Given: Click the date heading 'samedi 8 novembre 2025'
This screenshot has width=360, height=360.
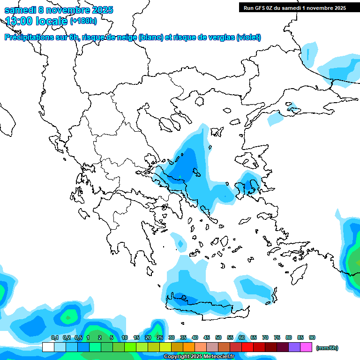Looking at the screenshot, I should pos(59,10).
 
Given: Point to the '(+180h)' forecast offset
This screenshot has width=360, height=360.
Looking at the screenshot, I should pos(83,21).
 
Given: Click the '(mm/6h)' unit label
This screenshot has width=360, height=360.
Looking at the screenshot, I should pos(327,348).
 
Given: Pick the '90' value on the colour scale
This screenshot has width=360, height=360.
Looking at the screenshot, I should pos(312,338).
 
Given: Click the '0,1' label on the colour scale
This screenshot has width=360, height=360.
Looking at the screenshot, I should pos(54,338).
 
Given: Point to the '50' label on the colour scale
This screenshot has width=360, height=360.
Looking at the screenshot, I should pos(218,338).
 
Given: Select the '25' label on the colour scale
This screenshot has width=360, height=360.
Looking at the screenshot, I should pos(160,338).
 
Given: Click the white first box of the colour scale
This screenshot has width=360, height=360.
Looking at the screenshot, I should pos(48,347).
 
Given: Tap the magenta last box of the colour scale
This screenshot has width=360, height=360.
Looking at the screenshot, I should pos(307,347).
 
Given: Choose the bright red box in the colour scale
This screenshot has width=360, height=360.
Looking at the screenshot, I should pos(248,347).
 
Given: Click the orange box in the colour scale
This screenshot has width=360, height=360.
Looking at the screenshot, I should pos(189,347).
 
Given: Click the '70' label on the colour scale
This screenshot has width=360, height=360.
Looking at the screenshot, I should pos(265,338).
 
